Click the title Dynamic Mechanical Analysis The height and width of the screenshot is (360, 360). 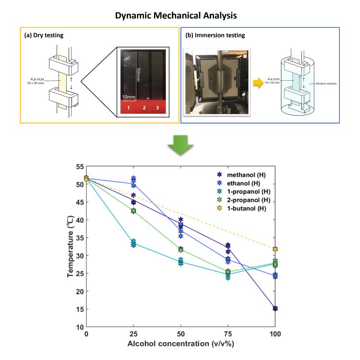click(180, 16)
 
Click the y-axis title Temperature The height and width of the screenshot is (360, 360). click(71, 246)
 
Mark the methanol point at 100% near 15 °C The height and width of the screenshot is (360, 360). click(275, 308)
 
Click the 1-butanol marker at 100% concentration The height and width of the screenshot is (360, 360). click(275, 249)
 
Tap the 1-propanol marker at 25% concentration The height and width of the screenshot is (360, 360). click(133, 243)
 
